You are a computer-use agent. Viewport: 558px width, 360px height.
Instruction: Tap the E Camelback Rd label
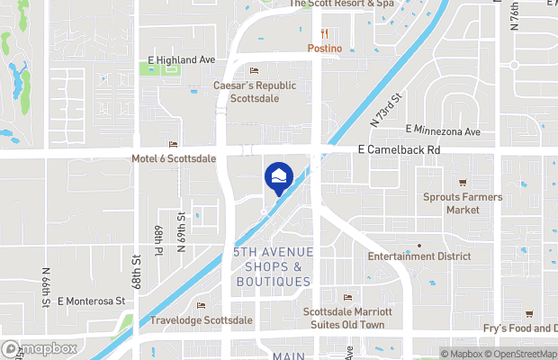399,148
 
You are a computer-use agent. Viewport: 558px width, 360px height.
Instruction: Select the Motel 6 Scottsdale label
174,158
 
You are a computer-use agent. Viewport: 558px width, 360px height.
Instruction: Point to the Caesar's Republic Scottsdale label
255,91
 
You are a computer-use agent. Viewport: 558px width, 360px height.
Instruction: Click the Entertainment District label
418,256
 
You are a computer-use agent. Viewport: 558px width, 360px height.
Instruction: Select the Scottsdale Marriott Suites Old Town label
348,319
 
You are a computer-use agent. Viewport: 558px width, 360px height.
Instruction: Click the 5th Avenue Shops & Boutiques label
273,267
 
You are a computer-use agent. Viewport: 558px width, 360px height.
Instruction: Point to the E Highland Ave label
181,59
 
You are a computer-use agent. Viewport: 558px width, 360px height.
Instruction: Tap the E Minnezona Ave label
443,131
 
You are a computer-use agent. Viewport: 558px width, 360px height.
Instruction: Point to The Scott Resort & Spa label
341,4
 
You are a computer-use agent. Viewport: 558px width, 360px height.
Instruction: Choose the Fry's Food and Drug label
521,328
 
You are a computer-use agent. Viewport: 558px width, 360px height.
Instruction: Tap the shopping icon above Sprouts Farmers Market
463,183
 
